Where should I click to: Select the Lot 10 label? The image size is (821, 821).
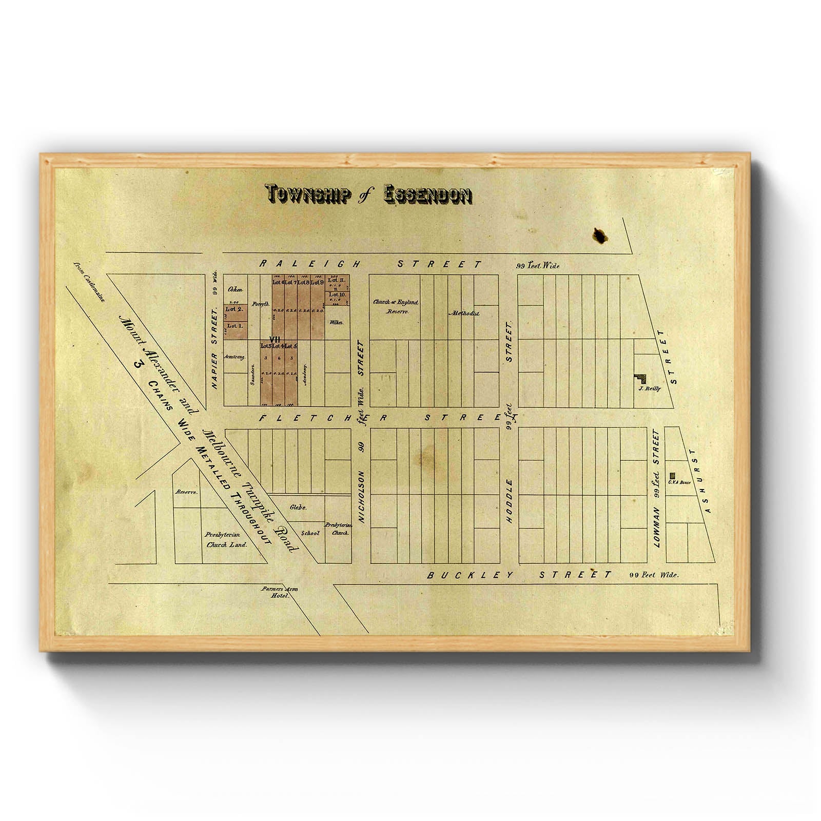337,295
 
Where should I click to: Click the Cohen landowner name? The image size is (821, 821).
236,289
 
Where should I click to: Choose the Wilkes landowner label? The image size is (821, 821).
337,322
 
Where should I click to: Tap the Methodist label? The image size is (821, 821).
464,312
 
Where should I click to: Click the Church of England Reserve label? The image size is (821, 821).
396,306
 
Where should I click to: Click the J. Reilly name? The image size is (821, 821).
649,388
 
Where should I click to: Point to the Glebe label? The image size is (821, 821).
298,507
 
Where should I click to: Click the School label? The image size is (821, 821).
310,533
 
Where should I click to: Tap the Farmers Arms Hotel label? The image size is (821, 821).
280,592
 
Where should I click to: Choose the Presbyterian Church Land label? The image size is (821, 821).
226,539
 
